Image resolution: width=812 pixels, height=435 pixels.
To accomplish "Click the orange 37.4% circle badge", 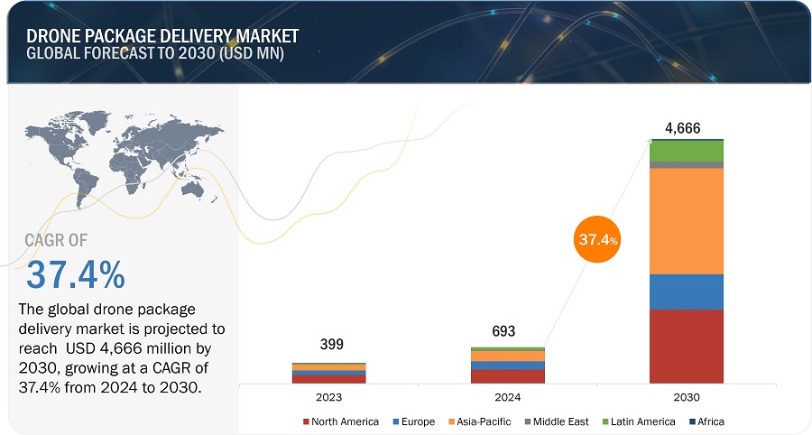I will (x=596, y=241).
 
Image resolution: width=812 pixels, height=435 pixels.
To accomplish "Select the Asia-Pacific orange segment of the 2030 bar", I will (x=686, y=220).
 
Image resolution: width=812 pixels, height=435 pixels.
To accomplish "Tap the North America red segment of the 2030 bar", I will (x=686, y=346).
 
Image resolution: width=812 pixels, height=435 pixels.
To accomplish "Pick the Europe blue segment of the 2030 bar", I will (x=686, y=292).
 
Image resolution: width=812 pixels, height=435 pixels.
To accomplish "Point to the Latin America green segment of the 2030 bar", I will (x=686, y=151).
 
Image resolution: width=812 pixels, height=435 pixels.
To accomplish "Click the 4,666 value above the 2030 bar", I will (x=683, y=128).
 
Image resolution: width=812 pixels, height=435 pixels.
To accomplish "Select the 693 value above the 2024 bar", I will (x=503, y=332).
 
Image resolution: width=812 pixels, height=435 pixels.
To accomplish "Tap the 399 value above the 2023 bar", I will (x=331, y=345).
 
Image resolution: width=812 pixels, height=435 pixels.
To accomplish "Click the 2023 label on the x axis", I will (x=328, y=397).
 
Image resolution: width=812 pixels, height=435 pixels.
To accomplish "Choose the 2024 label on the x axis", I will (x=507, y=397).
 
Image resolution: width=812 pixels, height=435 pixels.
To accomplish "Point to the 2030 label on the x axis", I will (x=686, y=397).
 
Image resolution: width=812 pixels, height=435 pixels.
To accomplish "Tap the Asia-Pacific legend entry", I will (x=479, y=421).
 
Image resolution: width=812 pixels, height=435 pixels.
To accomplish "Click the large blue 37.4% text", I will (x=76, y=274).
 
